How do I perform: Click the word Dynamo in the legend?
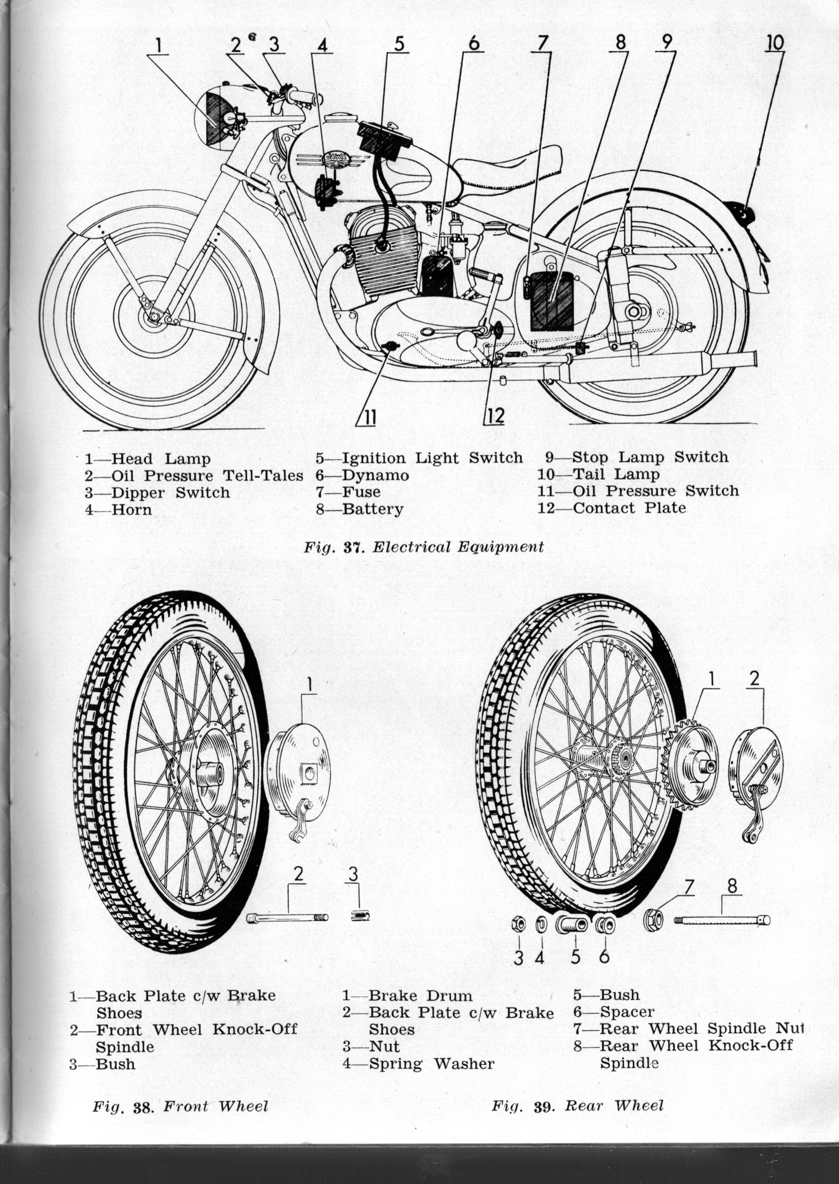point(376,475)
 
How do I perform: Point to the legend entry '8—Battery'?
point(360,509)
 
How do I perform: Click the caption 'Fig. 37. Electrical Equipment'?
point(424,547)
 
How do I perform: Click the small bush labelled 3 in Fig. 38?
point(360,916)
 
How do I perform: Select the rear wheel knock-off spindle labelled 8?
point(722,920)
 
